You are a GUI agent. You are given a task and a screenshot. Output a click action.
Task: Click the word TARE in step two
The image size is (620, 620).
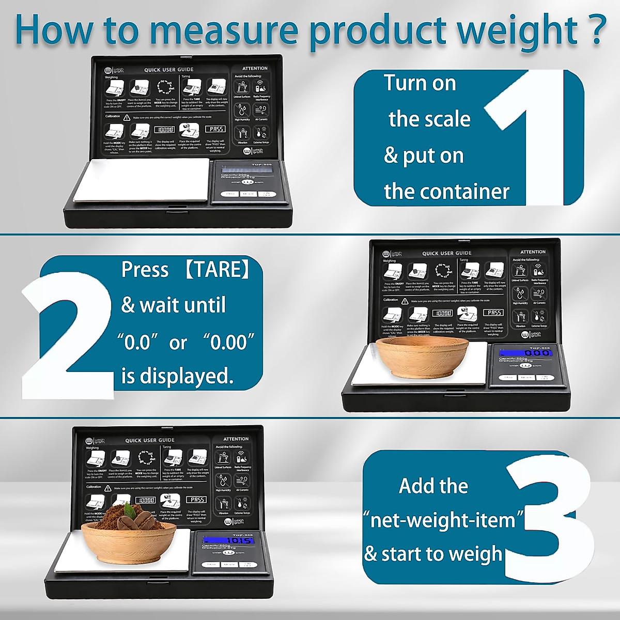coord(218,270)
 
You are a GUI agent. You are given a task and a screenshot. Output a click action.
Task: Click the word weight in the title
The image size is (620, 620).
coord(517,31)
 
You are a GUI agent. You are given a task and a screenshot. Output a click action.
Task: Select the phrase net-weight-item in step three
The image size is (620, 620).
coord(443,520)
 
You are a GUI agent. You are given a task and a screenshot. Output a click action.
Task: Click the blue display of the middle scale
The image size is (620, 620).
coord(525,352)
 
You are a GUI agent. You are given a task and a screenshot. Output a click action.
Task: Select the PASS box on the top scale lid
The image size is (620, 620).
coord(216,129)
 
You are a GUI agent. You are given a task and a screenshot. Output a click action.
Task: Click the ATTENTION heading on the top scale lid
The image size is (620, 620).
coord(255,68)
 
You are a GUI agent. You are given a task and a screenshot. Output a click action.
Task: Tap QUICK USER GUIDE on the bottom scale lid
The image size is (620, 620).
coord(150,440)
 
